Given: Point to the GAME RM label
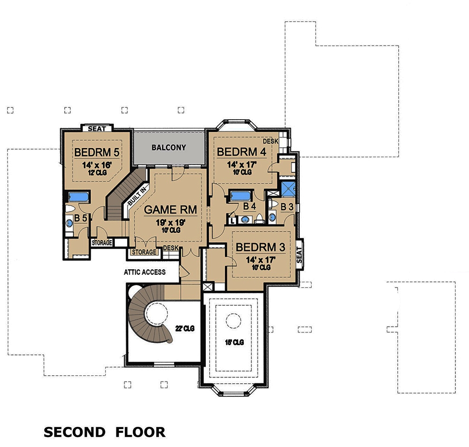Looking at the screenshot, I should tap(170, 209).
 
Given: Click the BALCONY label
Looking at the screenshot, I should tap(169, 147).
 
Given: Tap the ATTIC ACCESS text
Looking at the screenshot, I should tap(144, 272).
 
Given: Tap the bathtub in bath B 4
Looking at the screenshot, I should tap(241, 196).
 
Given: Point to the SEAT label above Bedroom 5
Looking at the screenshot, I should tap(97, 129).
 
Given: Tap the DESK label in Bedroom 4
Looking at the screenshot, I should tap(270, 141).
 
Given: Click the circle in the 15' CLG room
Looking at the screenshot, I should tap(233, 322).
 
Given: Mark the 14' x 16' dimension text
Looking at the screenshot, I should tap(95, 165).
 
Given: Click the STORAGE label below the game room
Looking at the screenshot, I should tap(144, 252).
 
